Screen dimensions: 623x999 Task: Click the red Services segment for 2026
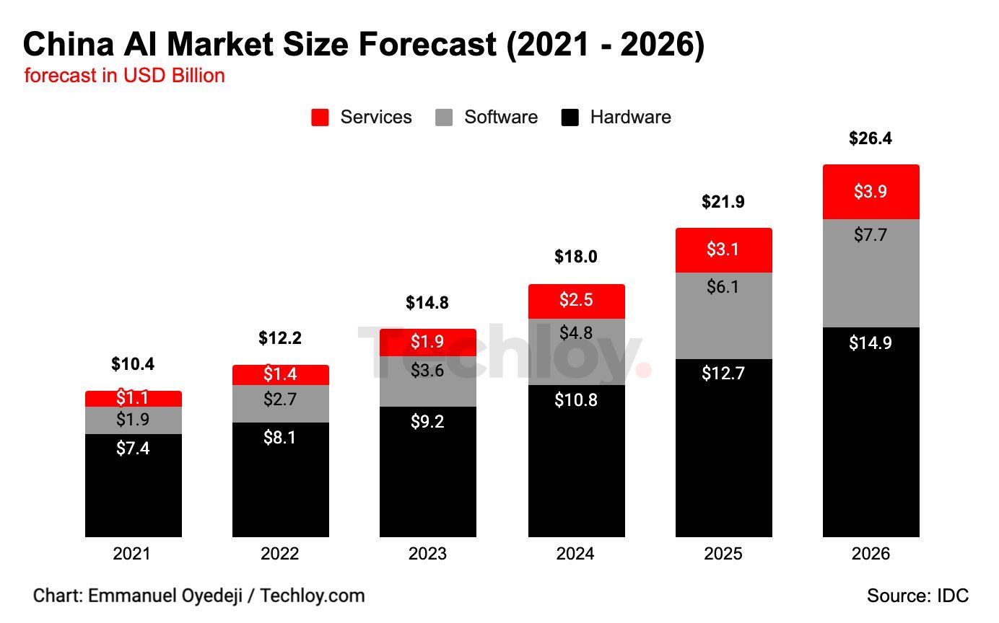tap(871, 192)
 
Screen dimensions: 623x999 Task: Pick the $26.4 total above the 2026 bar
tap(871, 138)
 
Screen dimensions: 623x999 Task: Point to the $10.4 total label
tap(133, 365)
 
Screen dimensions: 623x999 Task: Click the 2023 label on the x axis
tap(427, 554)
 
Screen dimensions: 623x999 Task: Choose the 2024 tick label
tap(575, 554)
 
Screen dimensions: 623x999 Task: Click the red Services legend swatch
tap(320, 118)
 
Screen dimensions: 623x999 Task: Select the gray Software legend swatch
tap(445, 118)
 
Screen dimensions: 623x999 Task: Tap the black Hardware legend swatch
tap(570, 118)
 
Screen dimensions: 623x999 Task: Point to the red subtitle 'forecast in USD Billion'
tap(124, 76)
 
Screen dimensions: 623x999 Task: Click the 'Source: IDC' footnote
tap(917, 596)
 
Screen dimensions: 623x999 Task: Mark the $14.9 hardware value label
tap(871, 343)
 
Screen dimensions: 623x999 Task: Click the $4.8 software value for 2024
tap(576, 333)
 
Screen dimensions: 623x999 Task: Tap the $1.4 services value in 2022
tap(280, 374)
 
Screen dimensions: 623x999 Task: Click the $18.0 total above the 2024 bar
tap(575, 257)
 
